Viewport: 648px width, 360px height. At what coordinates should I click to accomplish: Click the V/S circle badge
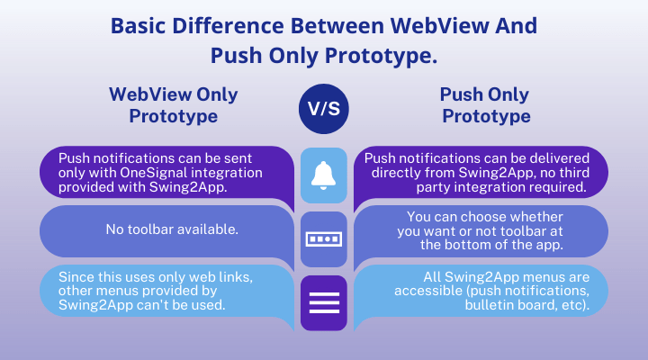coord(324,109)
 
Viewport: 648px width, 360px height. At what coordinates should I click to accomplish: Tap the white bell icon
coord(324,175)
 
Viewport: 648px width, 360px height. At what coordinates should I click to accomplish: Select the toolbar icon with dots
coord(324,238)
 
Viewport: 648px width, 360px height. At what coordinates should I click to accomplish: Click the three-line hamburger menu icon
coord(324,303)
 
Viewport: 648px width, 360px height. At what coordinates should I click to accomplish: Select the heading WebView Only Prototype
coord(174,105)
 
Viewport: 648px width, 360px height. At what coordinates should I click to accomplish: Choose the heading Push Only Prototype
coord(485,105)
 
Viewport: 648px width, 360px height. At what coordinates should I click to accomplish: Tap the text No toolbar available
coord(172,229)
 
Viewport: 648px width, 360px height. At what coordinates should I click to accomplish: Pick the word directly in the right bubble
coord(396,173)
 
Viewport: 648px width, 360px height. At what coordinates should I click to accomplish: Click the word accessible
coord(428,291)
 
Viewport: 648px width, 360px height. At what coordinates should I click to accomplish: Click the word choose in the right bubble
coord(485,217)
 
